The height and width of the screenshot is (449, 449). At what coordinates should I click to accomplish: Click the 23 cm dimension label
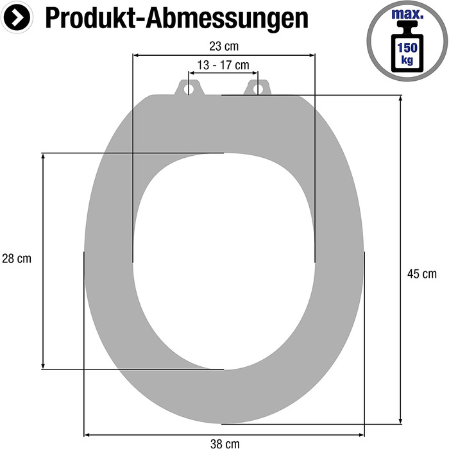click(224, 46)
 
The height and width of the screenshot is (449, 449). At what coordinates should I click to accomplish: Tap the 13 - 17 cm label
click(223, 65)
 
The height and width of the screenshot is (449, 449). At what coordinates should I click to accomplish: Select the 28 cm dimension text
click(17, 258)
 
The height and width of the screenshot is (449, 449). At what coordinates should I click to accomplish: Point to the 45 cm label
click(422, 274)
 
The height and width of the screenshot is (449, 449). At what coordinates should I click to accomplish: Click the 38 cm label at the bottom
click(224, 444)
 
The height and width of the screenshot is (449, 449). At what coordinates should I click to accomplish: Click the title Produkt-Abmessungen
click(176, 19)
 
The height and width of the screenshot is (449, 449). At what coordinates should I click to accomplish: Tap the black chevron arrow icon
click(17, 17)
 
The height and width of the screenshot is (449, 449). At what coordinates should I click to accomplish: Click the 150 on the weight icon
click(407, 47)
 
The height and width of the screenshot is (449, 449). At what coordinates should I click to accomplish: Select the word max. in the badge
click(407, 14)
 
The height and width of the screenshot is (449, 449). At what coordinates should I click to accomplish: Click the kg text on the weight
click(407, 60)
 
